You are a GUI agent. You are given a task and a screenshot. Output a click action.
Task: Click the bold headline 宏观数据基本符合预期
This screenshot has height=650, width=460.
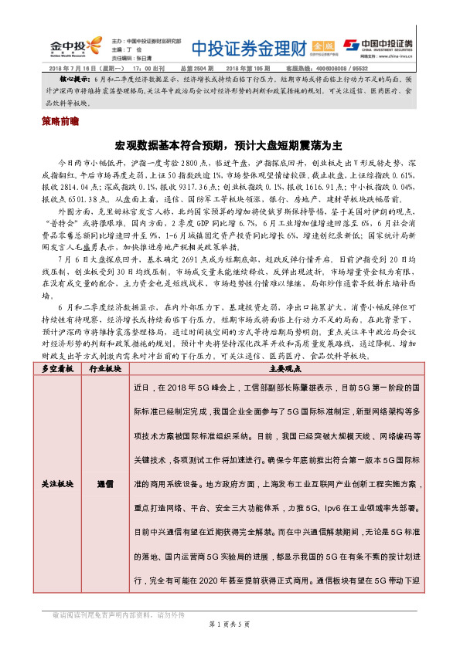pos(180,144)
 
